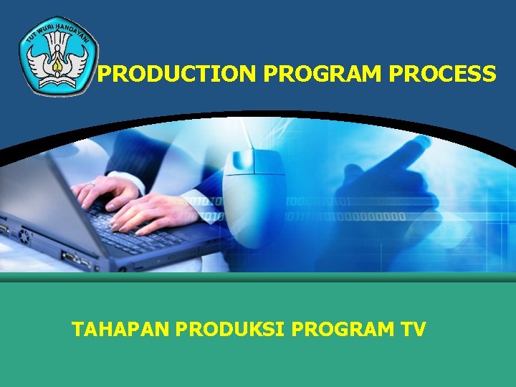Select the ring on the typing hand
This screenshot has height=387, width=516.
click(92, 185)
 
